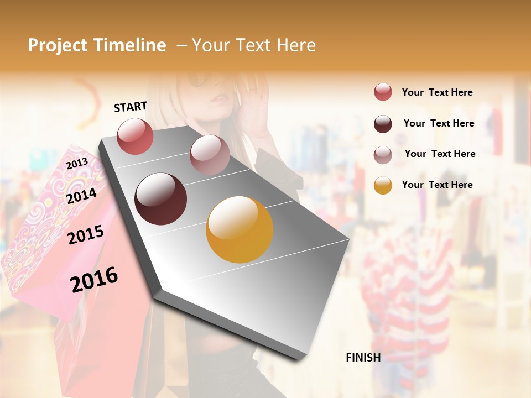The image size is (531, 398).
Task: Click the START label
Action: click(131, 107)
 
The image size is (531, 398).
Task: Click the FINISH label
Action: click(363, 358)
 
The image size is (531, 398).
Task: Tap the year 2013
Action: click(77, 163)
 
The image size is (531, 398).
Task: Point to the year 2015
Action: click(86, 235)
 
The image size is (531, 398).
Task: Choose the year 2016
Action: click(94, 279)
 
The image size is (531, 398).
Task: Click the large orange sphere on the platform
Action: click(240, 229)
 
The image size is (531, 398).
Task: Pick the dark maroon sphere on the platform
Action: click(161, 199)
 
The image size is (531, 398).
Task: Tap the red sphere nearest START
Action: click(135, 136)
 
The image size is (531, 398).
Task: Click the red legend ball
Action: click(383, 92)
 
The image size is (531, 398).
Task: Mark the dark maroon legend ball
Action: click(383, 124)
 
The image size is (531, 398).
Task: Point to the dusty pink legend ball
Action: click(383, 154)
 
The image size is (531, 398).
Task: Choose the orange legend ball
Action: click(383, 185)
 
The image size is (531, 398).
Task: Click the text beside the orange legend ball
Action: click(437, 185)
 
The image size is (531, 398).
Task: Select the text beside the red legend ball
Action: click(437, 92)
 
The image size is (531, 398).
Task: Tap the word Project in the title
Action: click(58, 45)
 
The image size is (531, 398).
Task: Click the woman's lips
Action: click(220, 98)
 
